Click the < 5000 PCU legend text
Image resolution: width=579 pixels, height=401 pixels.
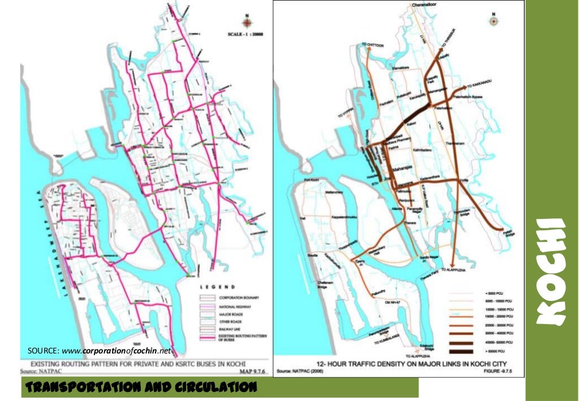[495, 293]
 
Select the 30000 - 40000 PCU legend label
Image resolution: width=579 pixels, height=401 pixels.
[500, 334]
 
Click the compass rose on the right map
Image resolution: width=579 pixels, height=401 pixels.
[494, 21]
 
